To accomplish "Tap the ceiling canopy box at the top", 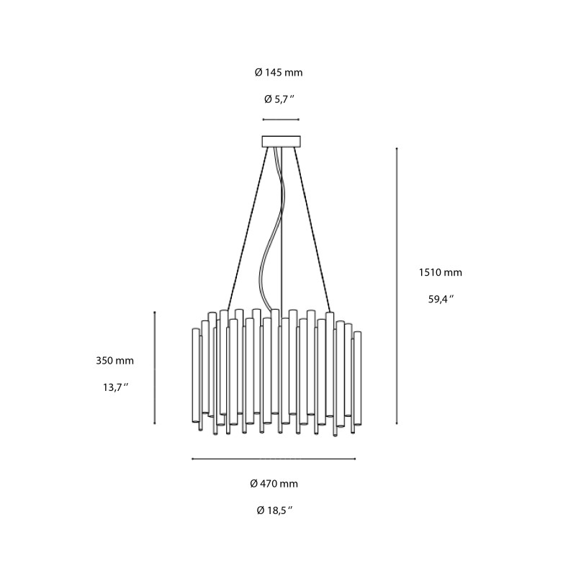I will point(281,141).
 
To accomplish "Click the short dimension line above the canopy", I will point(281,120).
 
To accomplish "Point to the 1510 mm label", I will point(440,273).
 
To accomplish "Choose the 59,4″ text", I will point(440,300).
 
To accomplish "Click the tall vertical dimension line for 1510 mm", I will point(397,288).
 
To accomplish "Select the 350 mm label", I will point(114,361).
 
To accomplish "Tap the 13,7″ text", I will point(114,387).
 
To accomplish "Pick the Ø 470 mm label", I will point(274,484).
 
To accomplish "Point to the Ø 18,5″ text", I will point(274,510).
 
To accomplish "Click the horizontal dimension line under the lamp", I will point(274,459).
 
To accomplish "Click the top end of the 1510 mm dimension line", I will point(397,148).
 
